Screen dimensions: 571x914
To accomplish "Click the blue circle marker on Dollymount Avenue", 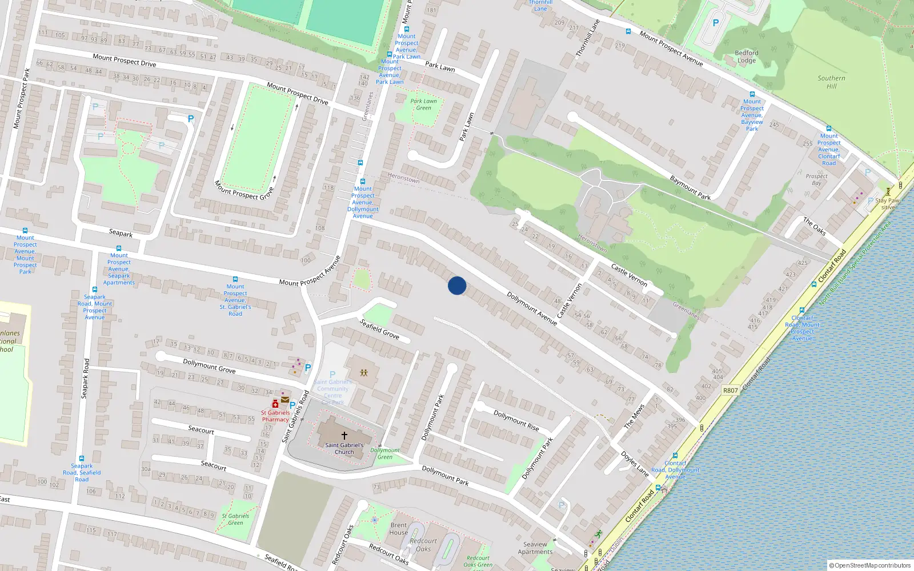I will click(x=457, y=285).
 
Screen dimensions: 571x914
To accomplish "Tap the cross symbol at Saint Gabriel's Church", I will click(x=344, y=436).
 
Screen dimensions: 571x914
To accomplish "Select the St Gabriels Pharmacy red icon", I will click(x=275, y=404).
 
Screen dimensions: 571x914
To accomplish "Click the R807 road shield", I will click(x=731, y=391).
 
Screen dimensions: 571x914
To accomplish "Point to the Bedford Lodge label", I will click(x=747, y=57).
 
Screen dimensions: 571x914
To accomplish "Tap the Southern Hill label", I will click(x=831, y=82).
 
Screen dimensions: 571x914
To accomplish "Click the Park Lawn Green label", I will click(x=423, y=104).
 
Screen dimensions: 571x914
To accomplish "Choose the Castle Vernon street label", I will click(x=629, y=275).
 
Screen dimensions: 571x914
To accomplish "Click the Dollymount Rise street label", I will click(x=516, y=421).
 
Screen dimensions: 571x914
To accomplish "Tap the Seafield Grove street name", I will click(x=379, y=329).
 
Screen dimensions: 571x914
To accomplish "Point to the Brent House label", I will click(x=399, y=529).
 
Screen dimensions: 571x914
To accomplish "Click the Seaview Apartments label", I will click(x=535, y=548).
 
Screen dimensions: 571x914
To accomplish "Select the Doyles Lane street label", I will click(x=635, y=464).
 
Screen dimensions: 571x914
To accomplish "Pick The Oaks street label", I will click(x=815, y=226).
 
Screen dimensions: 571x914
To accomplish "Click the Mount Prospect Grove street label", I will click(x=244, y=190).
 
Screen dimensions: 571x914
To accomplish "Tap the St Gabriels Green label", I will click(x=235, y=519).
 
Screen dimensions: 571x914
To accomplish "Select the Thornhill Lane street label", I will click(x=587, y=38).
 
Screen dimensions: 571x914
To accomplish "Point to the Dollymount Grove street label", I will click(x=209, y=366).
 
